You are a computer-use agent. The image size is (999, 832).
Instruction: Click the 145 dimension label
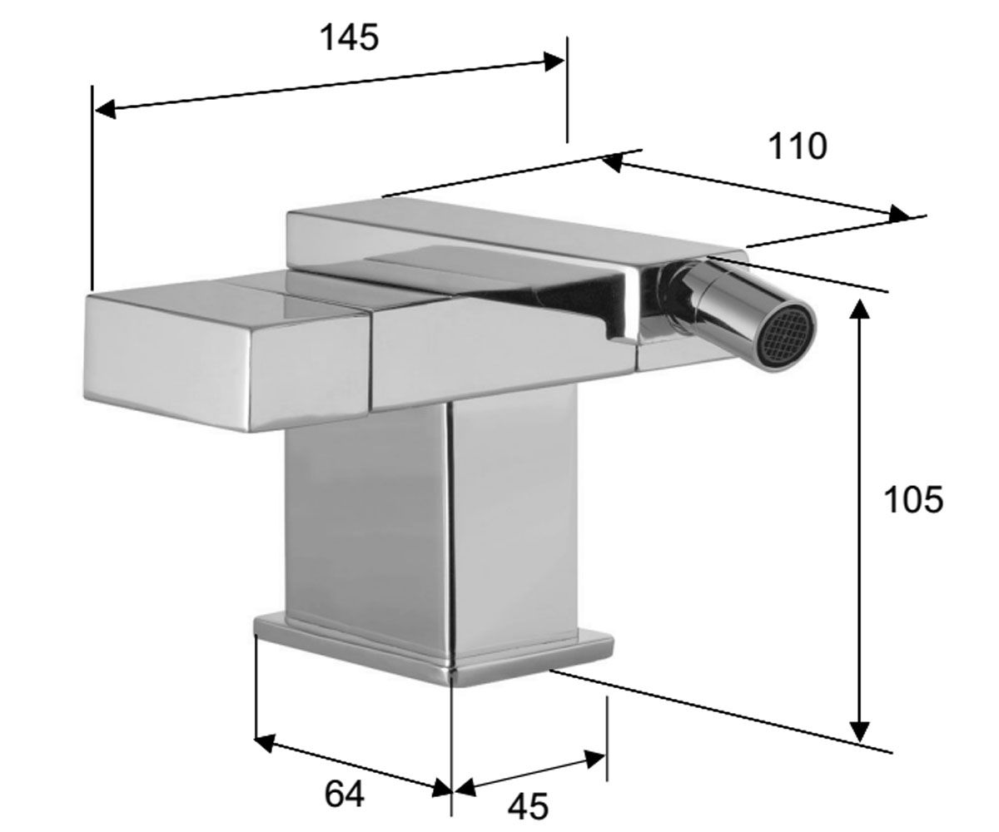click(350, 37)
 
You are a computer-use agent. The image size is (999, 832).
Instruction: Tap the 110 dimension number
click(797, 146)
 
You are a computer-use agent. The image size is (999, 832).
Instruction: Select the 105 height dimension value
click(913, 500)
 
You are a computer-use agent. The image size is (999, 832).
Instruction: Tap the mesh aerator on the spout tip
click(788, 341)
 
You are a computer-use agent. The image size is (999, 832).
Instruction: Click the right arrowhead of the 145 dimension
click(554, 62)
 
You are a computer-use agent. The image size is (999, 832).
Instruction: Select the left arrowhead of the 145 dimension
click(106, 110)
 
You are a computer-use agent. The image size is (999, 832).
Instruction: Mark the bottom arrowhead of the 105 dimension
click(860, 729)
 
